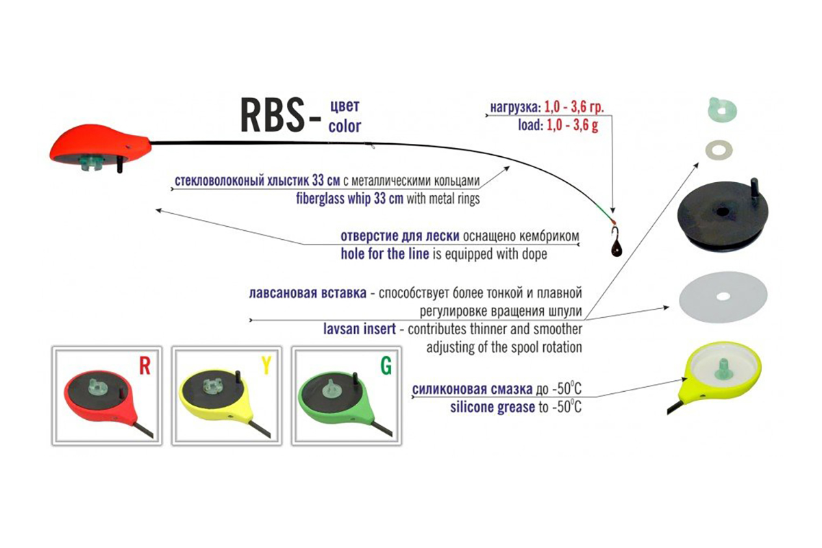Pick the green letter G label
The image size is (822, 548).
386,366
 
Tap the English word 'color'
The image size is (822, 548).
345,126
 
